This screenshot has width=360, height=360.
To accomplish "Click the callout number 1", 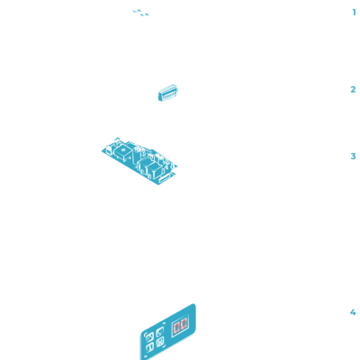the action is point(355,13).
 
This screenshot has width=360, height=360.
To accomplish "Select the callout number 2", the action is point(353,89).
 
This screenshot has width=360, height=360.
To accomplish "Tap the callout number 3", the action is point(353,157).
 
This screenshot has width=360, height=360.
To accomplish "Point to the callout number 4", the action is point(353,312).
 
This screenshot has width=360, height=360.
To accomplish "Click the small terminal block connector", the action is point(168,93).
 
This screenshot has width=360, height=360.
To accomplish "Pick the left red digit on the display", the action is point(176,328).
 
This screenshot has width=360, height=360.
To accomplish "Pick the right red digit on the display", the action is point(183,324).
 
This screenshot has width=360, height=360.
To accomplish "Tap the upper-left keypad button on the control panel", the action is point(149,337).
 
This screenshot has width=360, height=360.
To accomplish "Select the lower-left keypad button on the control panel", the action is point(150,347).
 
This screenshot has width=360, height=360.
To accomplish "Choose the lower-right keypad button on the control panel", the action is point(160,342).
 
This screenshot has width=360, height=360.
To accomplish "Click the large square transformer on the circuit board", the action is point(123,151).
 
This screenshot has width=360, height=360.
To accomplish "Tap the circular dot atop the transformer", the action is point(122,149).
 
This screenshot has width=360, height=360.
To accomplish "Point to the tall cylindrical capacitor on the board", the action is point(137,157).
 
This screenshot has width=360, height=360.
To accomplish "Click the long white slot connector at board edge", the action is point(165,178).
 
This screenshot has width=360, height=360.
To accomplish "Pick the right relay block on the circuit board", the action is point(156,170).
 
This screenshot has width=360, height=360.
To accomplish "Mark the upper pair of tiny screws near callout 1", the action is point(137,11).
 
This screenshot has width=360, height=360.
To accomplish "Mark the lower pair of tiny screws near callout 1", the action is point(145,14).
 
